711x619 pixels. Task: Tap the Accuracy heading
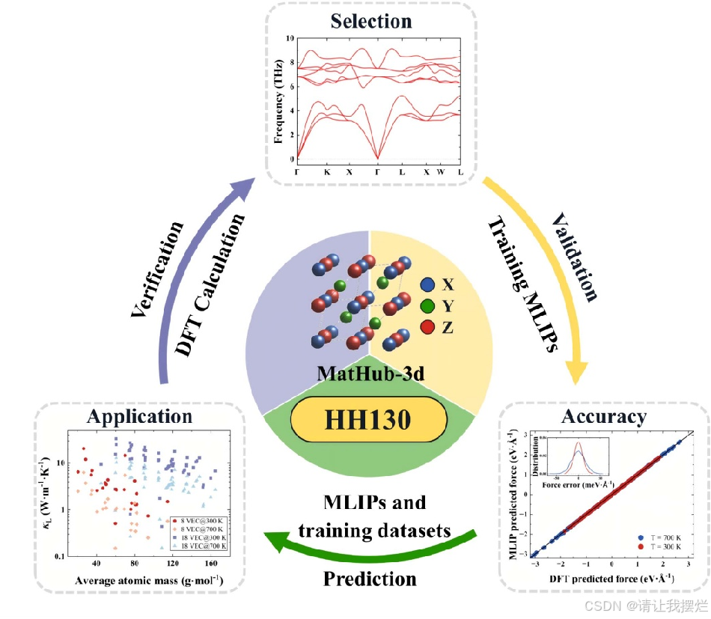(x=603, y=416)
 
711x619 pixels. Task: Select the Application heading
(x=139, y=416)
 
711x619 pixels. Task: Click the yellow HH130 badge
(x=367, y=419)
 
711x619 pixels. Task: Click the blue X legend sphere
(x=427, y=284)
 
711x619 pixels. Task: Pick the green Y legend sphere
(x=427, y=305)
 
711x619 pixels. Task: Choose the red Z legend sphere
(x=427, y=326)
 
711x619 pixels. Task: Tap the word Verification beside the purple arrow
(x=156, y=268)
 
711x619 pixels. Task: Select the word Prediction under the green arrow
(x=370, y=579)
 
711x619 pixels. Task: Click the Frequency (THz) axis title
(x=278, y=97)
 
